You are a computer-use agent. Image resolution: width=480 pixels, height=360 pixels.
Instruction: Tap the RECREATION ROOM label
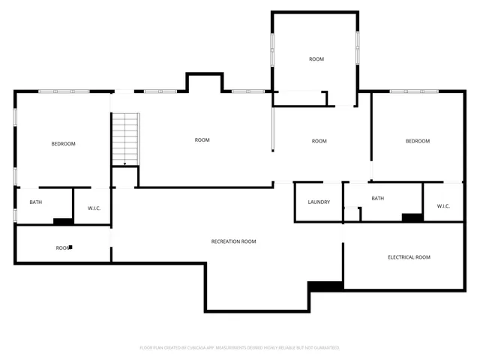(233, 241)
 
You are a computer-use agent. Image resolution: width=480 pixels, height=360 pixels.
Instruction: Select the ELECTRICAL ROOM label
(409, 257)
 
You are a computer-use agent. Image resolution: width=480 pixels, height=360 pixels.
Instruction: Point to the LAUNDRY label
(319, 202)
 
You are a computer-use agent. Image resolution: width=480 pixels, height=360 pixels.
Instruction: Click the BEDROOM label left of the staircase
(63, 144)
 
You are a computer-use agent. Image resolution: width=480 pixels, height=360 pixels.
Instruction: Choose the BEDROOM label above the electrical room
(418, 141)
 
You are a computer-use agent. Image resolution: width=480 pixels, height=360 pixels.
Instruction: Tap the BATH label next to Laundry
(377, 199)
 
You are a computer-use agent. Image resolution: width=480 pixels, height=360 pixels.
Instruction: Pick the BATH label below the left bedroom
(35, 202)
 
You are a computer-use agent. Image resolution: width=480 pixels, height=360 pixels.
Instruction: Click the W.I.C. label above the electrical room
(442, 206)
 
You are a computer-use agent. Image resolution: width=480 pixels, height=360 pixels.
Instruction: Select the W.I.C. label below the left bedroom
(94, 208)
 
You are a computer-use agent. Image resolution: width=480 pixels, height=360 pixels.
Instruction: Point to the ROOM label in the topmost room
(316, 59)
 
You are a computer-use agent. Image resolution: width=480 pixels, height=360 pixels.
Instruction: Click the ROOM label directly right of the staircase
(202, 140)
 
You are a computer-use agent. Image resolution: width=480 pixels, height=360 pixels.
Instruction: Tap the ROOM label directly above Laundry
(319, 141)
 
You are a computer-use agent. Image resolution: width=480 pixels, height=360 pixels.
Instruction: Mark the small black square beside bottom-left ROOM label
(70, 246)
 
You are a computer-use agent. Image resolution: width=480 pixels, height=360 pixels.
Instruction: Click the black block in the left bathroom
(63, 220)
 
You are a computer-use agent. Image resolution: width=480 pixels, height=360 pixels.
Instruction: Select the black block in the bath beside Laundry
(412, 217)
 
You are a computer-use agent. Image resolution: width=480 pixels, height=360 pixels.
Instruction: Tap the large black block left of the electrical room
(325, 286)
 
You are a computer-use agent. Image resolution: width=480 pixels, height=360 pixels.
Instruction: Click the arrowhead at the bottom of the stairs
(124, 164)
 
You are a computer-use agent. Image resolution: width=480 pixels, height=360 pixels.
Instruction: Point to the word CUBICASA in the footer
(199, 348)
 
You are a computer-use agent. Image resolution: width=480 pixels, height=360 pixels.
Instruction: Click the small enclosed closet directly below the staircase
(125, 178)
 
